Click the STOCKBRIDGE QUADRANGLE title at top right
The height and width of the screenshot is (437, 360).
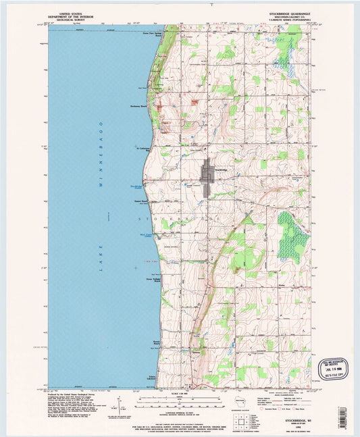pos(280,12)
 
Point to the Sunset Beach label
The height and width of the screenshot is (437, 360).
pos(140,201)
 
